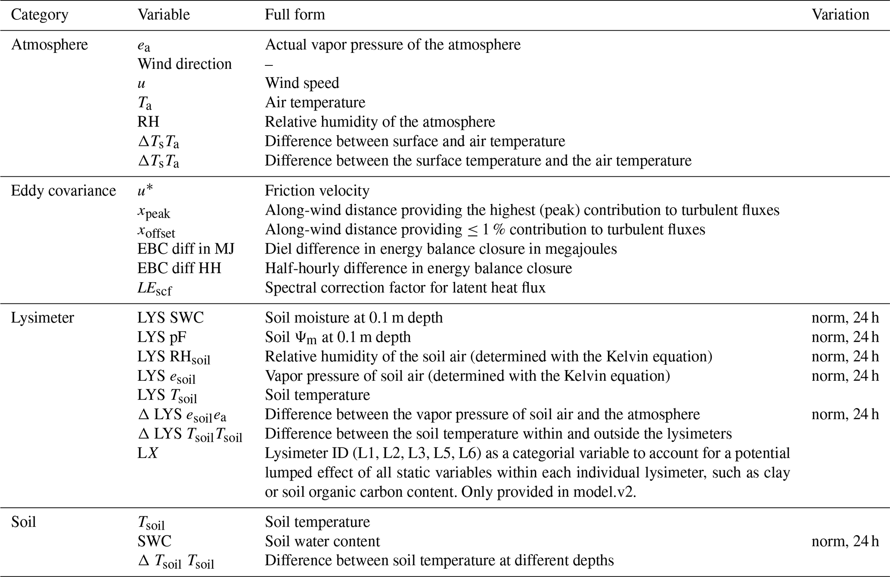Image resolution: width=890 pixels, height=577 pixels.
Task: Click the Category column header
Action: pos(40,15)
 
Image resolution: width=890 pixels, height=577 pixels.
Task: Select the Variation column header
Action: pos(840,15)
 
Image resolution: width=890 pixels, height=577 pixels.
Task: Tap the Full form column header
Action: pos(295,15)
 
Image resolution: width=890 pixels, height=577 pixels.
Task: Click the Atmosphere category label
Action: pos(50,45)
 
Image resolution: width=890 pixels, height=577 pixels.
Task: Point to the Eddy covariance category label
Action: pos(63,191)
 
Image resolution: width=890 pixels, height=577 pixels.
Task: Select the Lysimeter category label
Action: pos(43,318)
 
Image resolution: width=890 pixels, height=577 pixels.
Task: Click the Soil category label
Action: pos(23,522)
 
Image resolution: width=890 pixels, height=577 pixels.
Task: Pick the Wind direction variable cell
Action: pos(184,64)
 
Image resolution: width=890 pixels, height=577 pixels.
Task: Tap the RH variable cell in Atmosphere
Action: pos(148,122)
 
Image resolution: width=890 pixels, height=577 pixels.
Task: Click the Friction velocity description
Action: pos(317,191)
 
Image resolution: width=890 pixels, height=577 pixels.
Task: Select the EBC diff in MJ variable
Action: pos(186,249)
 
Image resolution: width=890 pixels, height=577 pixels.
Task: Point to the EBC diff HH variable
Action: pos(179,268)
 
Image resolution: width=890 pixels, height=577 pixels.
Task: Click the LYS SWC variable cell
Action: pos(171,318)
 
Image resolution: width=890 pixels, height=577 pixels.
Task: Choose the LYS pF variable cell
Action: pos(162,337)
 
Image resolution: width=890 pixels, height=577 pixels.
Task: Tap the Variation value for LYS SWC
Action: pos(845,318)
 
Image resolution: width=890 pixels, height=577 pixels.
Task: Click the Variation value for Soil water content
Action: pos(845,542)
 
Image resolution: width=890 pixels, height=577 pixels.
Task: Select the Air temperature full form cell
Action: pos(315,103)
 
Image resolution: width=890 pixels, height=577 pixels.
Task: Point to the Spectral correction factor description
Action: pos(405,288)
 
